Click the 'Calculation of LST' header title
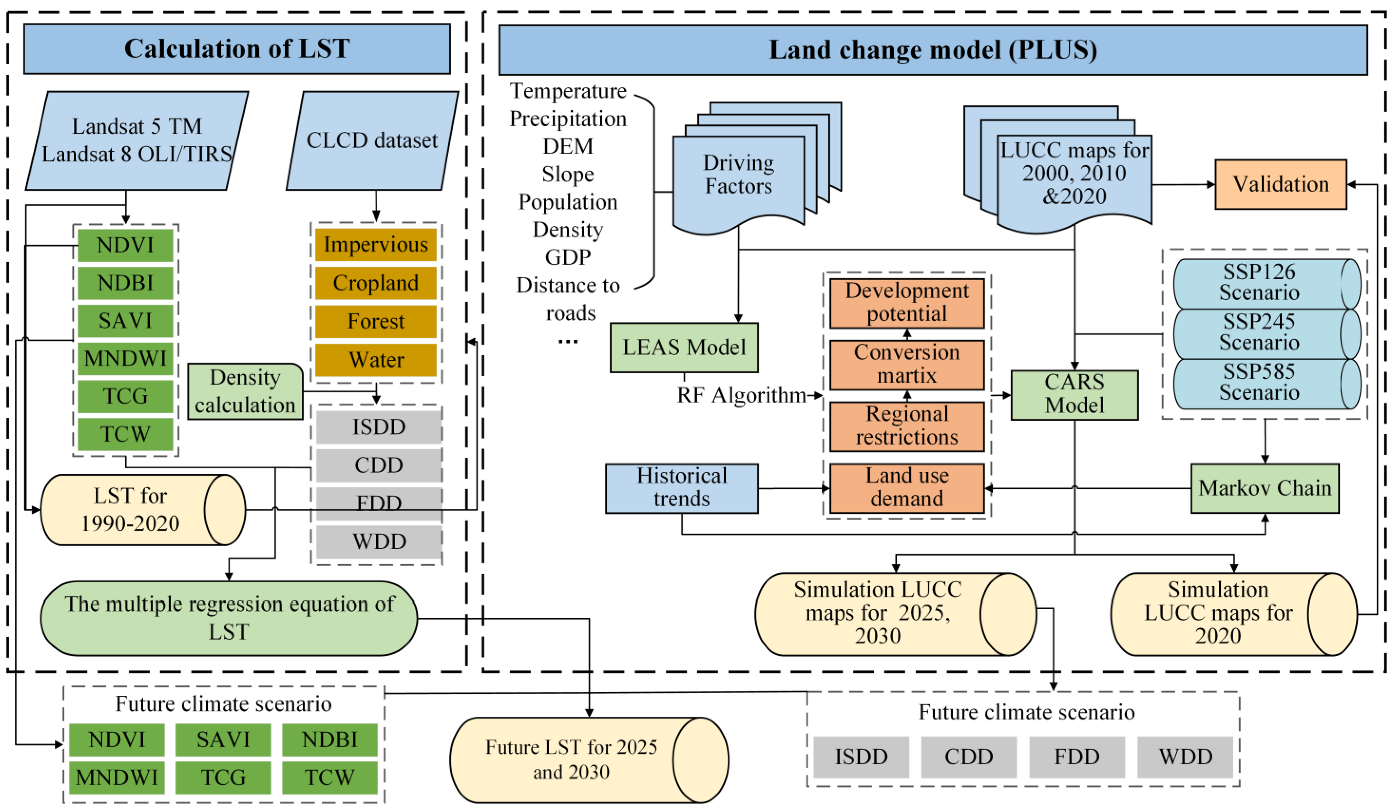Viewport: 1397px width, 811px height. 237,49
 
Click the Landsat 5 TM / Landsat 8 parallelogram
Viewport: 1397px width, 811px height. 137,141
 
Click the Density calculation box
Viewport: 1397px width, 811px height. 245,391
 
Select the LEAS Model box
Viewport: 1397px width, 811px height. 684,348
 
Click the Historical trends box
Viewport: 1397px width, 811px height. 681,488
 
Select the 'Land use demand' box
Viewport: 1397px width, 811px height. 907,488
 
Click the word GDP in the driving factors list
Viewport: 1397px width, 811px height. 568,257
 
